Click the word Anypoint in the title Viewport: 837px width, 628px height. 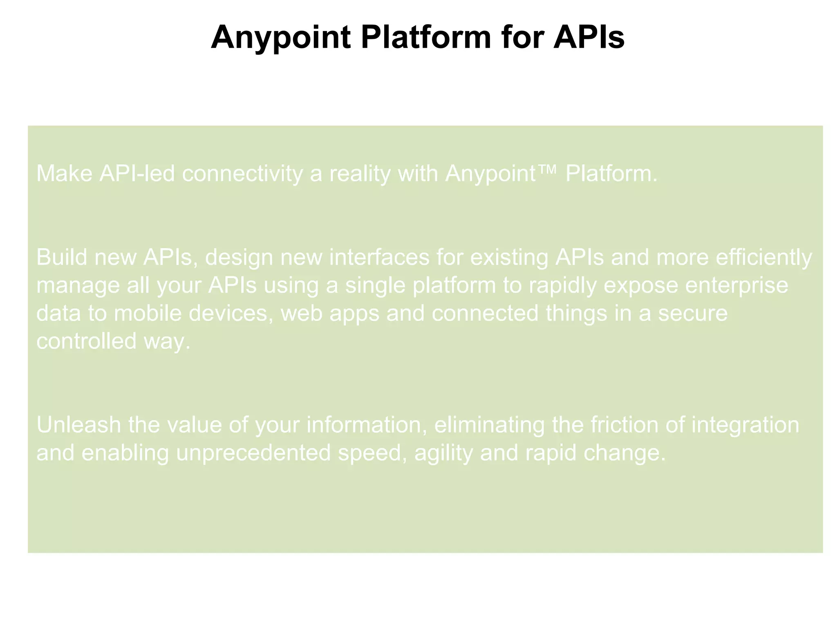point(281,38)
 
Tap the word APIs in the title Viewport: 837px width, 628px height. point(589,38)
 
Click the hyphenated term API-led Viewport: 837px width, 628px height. point(137,173)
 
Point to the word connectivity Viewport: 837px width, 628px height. point(242,173)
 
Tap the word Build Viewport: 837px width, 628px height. point(62,257)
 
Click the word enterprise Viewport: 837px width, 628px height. point(736,285)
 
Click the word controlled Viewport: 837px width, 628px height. point(86,341)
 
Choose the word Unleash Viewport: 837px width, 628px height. point(79,425)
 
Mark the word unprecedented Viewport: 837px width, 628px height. point(253,453)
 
